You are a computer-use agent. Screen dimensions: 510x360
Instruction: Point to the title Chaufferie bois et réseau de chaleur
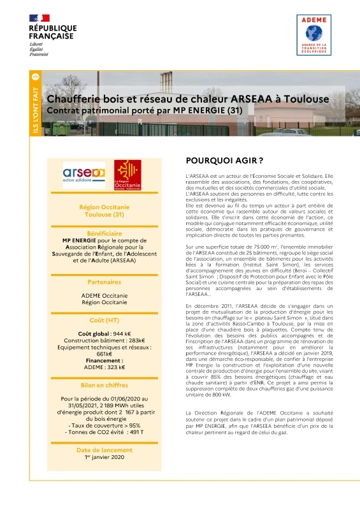(171, 99)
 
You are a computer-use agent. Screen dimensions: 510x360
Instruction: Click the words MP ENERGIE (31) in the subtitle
(208, 110)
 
